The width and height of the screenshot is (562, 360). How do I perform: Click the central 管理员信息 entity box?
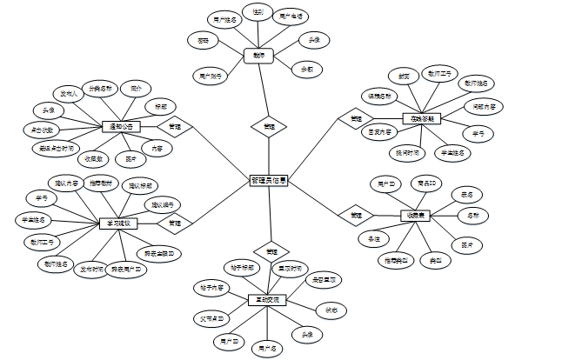269,180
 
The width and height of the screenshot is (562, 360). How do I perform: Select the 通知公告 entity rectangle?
121,126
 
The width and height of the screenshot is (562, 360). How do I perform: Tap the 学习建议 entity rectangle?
116,223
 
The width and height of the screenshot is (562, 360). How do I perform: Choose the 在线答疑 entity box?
422,117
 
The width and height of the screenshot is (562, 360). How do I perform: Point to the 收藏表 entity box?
415,214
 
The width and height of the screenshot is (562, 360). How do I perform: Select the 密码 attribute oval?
203,39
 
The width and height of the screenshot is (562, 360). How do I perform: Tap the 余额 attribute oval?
306,68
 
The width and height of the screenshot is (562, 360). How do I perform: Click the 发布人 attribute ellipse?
67,91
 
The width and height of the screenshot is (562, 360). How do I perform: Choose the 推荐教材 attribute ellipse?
101,183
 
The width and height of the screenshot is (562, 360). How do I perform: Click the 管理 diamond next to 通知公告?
174,126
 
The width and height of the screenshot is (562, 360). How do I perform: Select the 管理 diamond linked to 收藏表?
356,214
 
